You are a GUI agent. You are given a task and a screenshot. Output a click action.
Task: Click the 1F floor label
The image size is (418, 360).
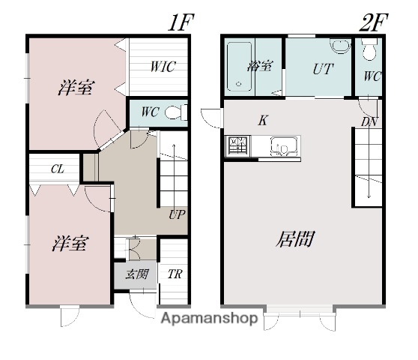pos(181,22)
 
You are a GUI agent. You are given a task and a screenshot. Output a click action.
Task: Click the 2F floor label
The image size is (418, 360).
pos(373,22)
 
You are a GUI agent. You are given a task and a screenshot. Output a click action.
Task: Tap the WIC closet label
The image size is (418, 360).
pos(163,67)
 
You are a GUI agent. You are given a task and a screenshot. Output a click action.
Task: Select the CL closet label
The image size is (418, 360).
pos(58,169)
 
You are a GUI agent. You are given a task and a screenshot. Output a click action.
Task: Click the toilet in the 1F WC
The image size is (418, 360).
pos(176,112)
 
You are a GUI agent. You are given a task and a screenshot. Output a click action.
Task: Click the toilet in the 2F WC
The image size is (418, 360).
pos(369,49)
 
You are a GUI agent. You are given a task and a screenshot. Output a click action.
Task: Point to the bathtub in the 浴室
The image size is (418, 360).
pos(239,67)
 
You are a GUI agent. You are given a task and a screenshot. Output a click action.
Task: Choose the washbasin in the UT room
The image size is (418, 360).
pos(340,46)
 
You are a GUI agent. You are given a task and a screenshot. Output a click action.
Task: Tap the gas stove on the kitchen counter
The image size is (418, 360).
pos(238,146)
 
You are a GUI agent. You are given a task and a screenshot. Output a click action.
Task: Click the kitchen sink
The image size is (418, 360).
pos(284,146)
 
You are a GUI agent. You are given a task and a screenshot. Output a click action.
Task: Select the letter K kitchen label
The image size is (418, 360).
pos(263,120)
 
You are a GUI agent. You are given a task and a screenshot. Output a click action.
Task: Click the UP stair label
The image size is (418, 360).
pos(177,214)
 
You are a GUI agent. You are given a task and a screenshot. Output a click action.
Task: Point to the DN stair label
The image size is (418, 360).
pos(369,122)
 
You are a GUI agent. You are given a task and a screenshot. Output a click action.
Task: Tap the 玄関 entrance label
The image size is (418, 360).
pos(137,274)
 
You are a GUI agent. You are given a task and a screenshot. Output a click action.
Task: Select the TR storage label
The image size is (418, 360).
pos(175,274)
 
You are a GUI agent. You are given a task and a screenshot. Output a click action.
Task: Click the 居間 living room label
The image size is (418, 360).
pos(295,238)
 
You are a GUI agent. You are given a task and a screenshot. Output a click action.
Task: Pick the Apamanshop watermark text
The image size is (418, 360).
pos(210,318)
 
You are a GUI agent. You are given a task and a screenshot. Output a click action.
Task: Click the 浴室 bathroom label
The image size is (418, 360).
pos(260,66)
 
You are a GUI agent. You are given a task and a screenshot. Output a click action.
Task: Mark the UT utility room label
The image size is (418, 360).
pos(323,68)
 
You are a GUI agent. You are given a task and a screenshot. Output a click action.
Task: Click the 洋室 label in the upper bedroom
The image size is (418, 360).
pos(76,88)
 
